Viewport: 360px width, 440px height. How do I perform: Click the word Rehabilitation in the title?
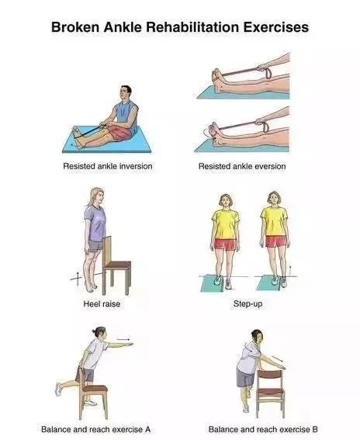(192, 27)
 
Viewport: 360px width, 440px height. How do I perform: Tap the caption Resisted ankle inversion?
(108, 166)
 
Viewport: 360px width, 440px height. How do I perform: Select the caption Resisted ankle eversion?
(242, 166)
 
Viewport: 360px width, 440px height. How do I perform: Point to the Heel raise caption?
(102, 303)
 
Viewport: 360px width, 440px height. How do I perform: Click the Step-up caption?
(247, 303)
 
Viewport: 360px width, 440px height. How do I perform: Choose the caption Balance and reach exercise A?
(95, 429)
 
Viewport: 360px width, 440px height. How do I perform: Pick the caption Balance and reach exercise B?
(263, 429)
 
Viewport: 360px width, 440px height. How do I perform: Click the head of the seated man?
(126, 93)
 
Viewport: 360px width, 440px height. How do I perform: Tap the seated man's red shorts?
(120, 133)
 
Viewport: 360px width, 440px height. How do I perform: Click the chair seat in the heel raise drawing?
(116, 265)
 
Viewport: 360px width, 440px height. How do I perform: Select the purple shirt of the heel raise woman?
(95, 223)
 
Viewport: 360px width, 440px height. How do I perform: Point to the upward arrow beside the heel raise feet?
(78, 279)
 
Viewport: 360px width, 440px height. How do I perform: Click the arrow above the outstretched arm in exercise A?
(123, 340)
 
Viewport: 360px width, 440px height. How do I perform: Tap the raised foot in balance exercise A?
(59, 390)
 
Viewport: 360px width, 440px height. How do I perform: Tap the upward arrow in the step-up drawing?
(290, 270)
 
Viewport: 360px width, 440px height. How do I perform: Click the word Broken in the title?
(75, 27)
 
